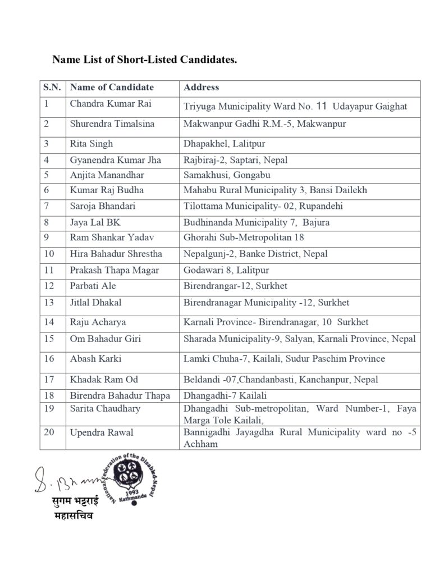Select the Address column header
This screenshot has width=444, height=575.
pos(202,88)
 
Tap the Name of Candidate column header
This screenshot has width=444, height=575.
pos(112,88)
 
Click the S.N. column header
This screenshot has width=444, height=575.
pos(52,88)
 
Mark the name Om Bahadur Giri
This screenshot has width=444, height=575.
pos(102,339)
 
